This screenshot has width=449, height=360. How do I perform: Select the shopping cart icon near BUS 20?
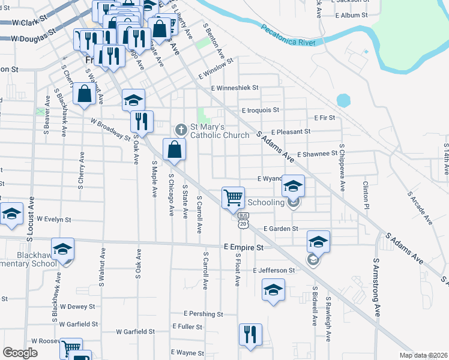click(233, 197)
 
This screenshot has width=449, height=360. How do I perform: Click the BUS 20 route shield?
click(243, 220)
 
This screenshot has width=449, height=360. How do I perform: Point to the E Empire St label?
click(244, 247)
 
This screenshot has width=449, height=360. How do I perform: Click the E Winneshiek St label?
click(234, 88)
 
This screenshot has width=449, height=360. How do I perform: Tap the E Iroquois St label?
click(261, 110)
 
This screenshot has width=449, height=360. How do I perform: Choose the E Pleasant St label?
click(291, 132)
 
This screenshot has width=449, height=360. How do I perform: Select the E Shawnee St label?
click(316, 154)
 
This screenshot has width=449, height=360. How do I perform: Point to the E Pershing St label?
click(203, 314)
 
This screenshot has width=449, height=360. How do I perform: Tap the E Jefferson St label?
click(274, 271)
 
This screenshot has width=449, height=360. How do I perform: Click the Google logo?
click(20, 353)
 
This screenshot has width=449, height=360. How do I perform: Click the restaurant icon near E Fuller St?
click(250, 334)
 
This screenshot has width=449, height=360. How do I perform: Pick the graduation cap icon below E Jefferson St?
click(273, 290)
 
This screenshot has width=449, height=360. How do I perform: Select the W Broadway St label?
click(110, 129)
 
